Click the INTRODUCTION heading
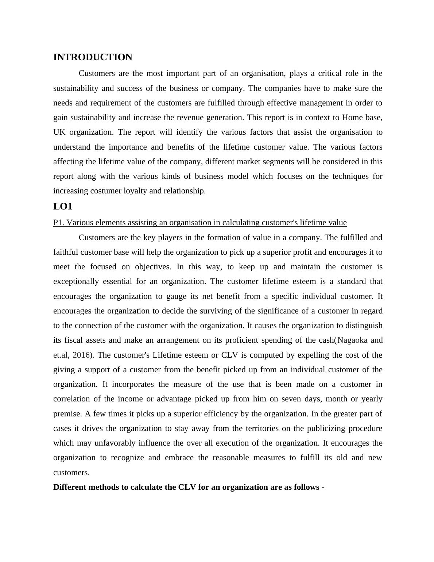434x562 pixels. [x=93, y=57]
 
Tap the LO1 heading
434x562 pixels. [x=63, y=207]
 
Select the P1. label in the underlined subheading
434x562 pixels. [x=59, y=223]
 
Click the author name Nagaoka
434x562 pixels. [x=353, y=340]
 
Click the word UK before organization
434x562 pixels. [x=59, y=132]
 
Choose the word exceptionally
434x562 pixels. [x=76, y=281]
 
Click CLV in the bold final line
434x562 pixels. [x=187, y=487]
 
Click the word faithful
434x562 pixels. [x=66, y=252]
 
